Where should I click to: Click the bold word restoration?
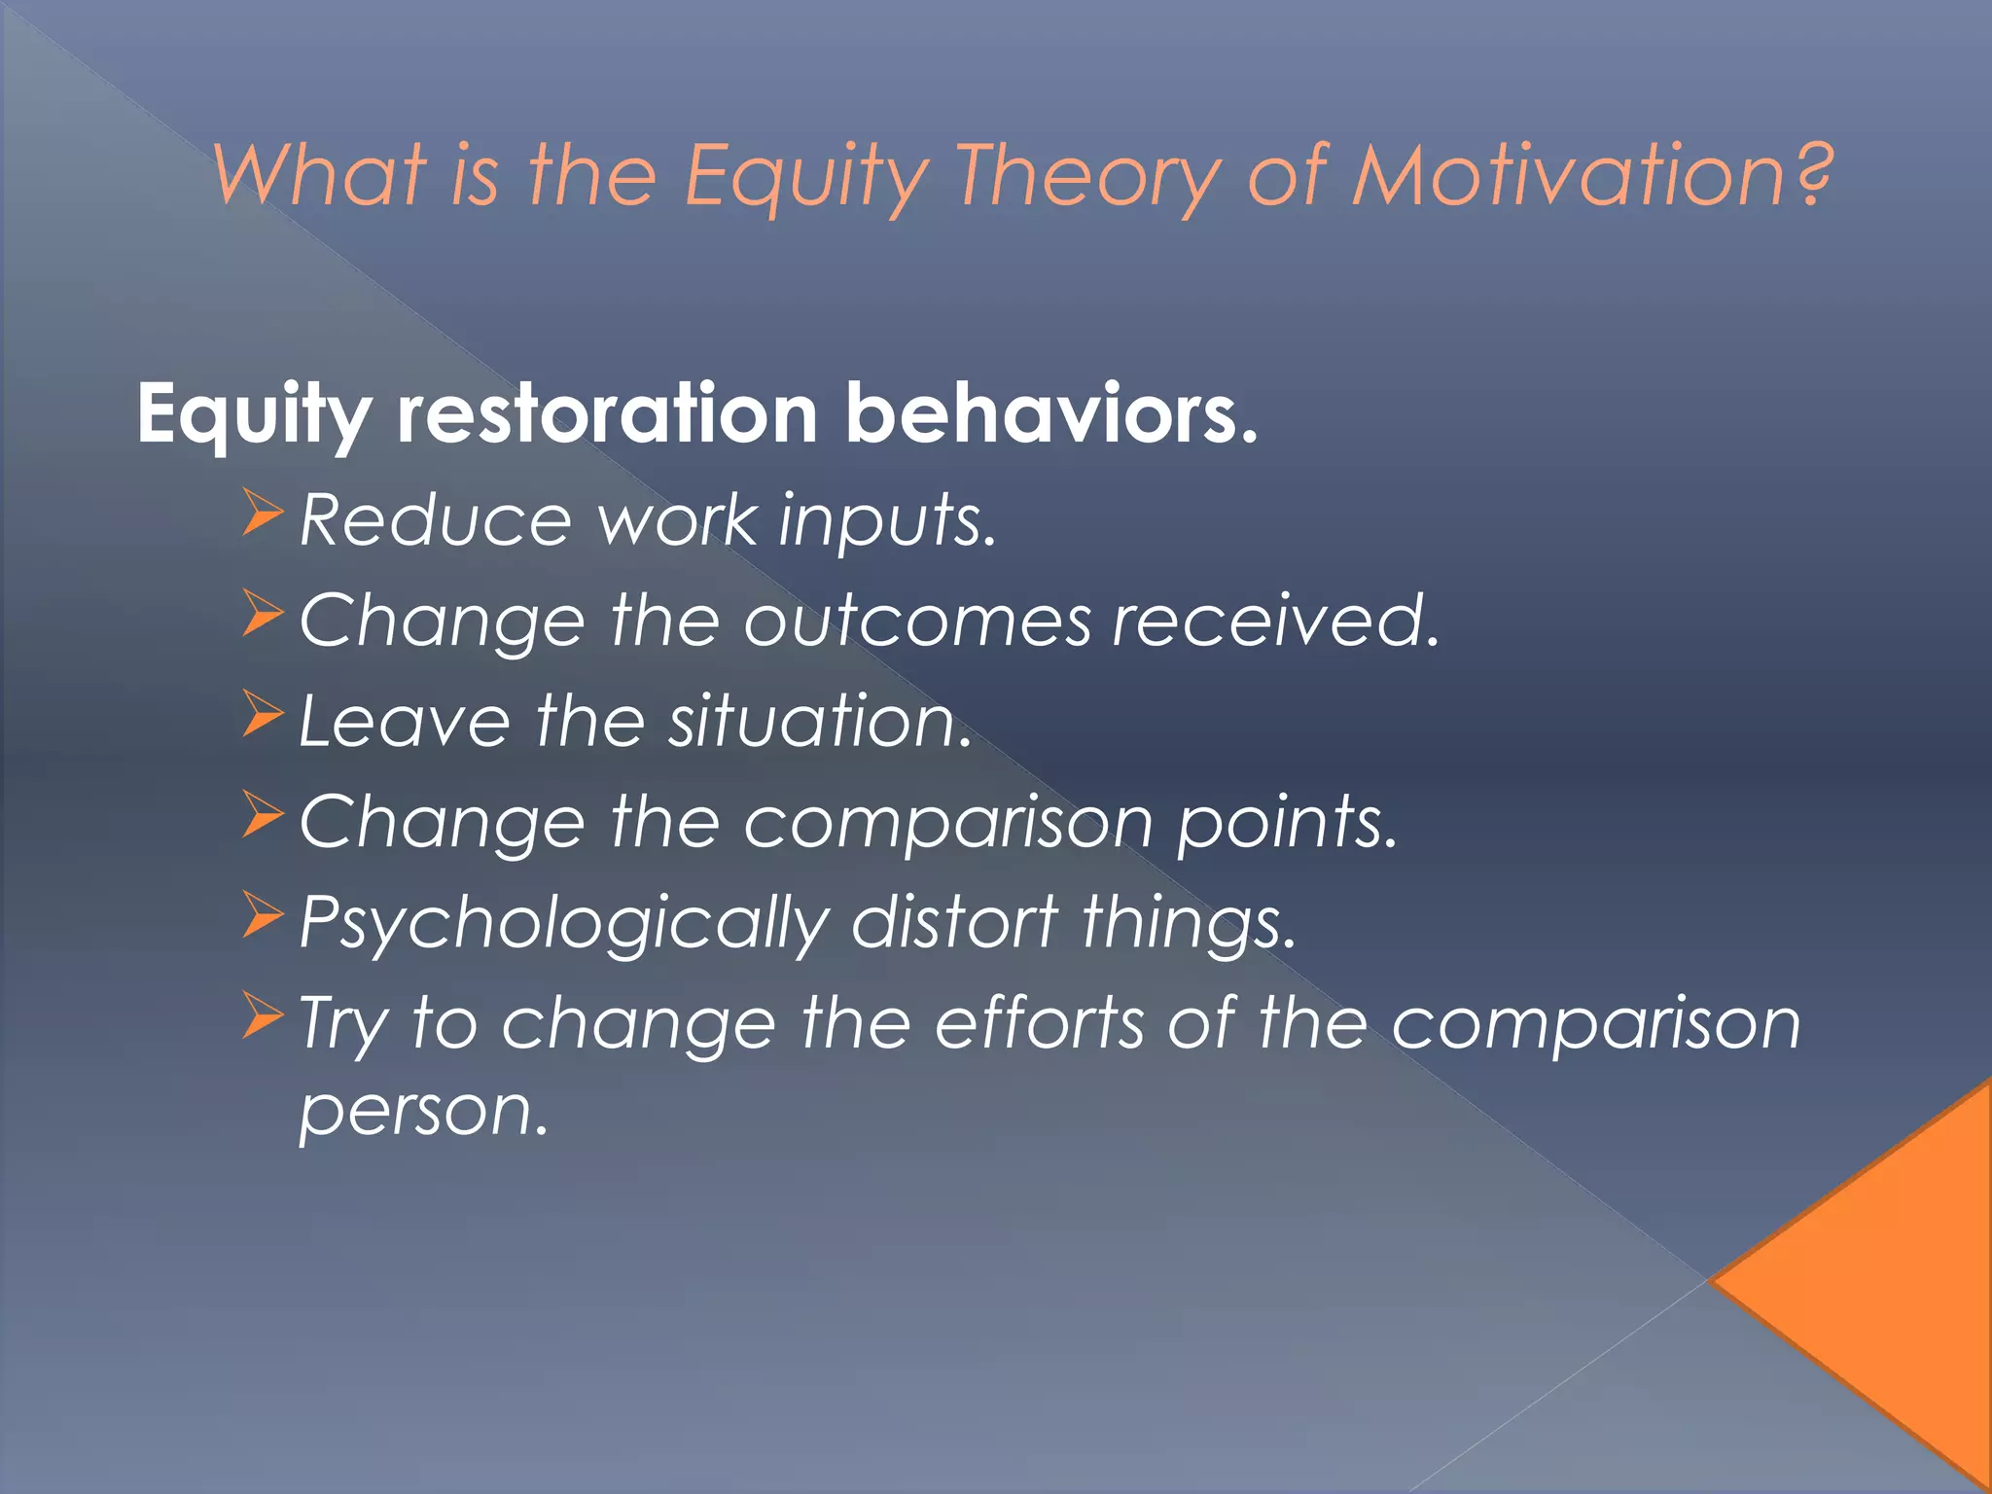pyautogui.click(x=607, y=413)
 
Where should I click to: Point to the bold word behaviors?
pyautogui.click(x=1050, y=413)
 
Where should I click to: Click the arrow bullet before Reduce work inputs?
pyautogui.click(x=262, y=515)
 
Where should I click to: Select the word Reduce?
pyautogui.click(x=435, y=519)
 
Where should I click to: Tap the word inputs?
pyautogui.click(x=886, y=521)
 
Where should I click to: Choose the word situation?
pyautogui.click(x=820, y=721)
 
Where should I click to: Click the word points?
pyautogui.click(x=1286, y=823)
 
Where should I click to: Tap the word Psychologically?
pyautogui.click(x=564, y=924)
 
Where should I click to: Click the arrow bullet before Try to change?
pyautogui.click(x=262, y=1015)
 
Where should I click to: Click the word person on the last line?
pyautogui.click(x=423, y=1111)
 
